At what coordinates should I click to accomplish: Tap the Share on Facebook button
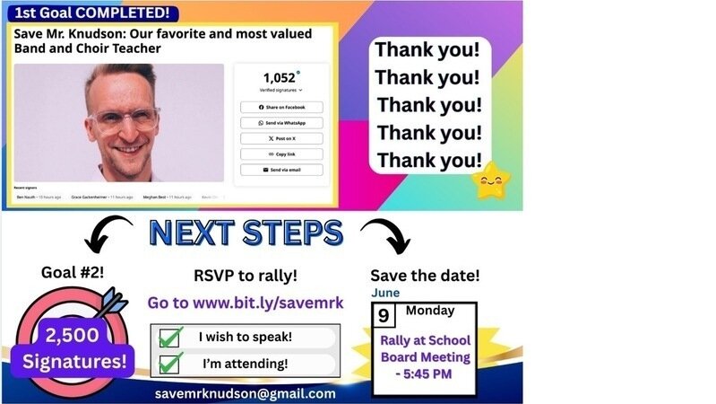[x=281, y=107]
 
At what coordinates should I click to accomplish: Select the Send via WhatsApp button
[x=281, y=122]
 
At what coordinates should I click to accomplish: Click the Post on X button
[x=281, y=138]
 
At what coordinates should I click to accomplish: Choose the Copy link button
[x=281, y=154]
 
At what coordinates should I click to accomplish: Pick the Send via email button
[x=281, y=170]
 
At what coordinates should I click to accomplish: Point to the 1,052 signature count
[x=280, y=77]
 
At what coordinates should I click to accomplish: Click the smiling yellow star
[x=490, y=180]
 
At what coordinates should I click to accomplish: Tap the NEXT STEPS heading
[x=246, y=233]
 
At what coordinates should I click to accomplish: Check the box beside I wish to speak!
[x=171, y=338]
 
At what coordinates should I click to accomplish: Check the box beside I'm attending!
[x=171, y=363]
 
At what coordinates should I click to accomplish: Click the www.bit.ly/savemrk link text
[x=246, y=303]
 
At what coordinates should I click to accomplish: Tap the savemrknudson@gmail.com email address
[x=246, y=393]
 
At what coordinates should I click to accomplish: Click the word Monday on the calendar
[x=430, y=312]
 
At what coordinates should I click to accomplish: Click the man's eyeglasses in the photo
[x=124, y=119]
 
